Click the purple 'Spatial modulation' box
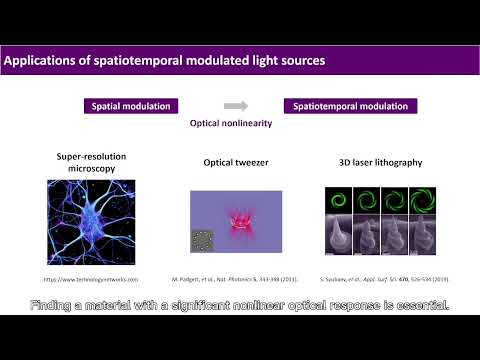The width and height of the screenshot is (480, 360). (130, 105)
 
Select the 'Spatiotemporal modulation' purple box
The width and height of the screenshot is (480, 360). (350, 105)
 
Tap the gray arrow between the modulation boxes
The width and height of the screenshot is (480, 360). (235, 105)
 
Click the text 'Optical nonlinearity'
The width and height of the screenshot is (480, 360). (231, 126)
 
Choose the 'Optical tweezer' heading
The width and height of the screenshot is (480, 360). (231, 162)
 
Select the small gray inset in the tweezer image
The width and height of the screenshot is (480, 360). (203, 241)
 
